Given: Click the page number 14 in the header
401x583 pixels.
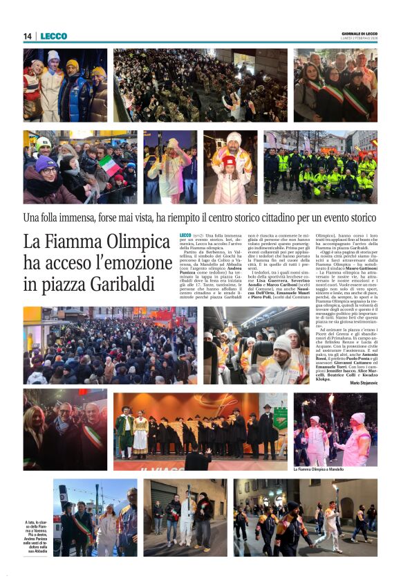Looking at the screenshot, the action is [x=28, y=36].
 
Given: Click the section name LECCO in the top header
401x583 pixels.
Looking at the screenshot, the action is [x=53, y=36].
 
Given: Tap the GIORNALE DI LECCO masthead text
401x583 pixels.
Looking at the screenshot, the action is [x=360, y=33].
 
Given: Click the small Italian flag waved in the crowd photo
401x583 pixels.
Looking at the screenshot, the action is [x=109, y=165].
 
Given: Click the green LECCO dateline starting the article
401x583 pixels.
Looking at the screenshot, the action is [x=185, y=236].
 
